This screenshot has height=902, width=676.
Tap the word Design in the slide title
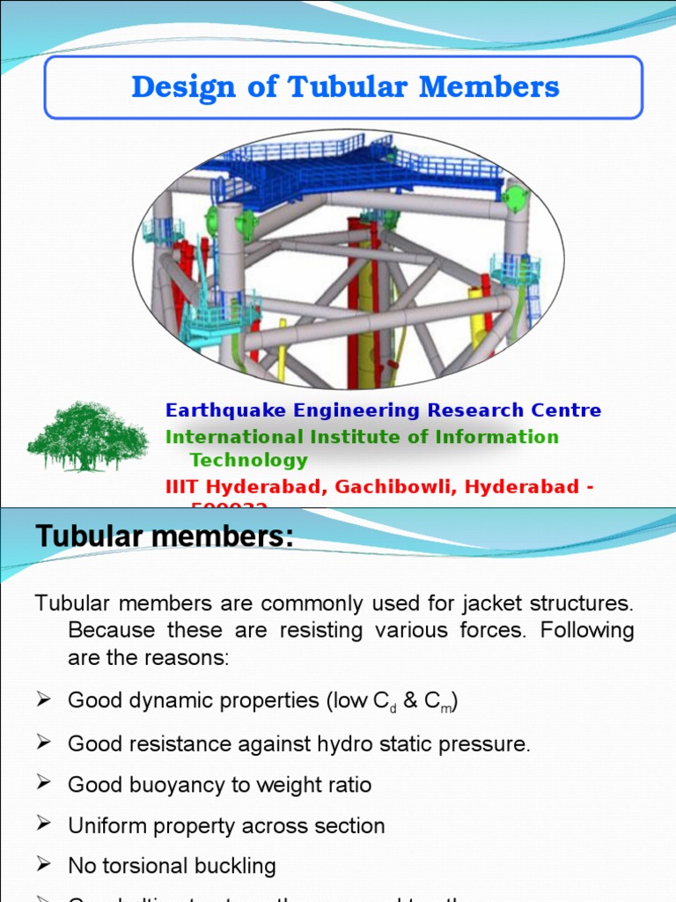(x=183, y=88)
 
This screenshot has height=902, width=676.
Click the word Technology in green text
(x=248, y=460)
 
